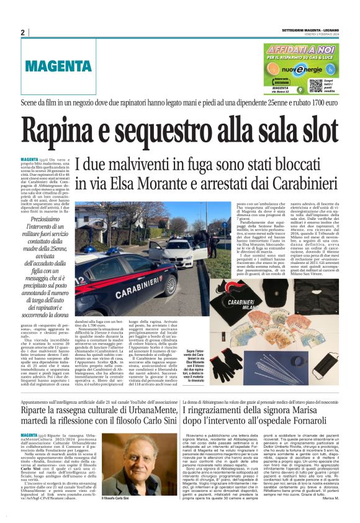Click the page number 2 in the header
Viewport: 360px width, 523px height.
[23, 32]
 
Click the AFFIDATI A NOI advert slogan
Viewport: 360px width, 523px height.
[302, 50]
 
